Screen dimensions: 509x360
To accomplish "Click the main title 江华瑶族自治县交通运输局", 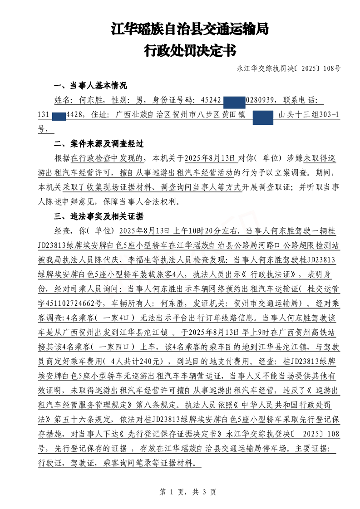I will pyautogui.click(x=190, y=30).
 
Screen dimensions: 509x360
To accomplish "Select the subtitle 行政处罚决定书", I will pyautogui.click(x=190, y=50).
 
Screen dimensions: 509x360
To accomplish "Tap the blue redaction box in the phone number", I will pyautogui.click(x=59, y=115).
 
